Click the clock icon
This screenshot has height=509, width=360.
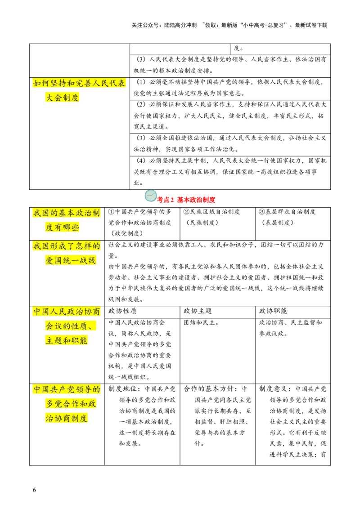point(151,196)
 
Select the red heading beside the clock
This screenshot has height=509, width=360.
point(187,200)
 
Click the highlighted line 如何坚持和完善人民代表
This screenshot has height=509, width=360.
point(79,84)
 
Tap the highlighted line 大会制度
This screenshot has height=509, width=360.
point(63,98)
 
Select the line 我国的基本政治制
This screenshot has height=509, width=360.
point(67,213)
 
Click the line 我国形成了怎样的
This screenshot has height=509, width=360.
point(67,246)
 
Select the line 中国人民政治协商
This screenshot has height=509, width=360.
point(67,312)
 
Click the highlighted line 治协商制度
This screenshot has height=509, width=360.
point(66,418)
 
